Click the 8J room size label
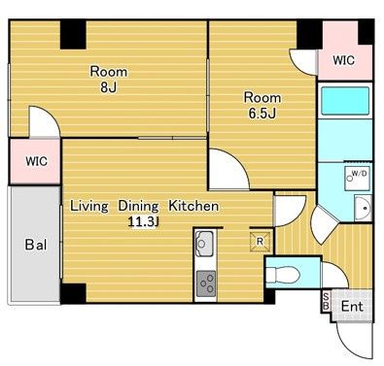108,87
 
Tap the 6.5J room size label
262,113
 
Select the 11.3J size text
144,222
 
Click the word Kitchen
193,206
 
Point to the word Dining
138,207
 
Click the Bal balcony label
36,245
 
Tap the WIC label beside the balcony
36,161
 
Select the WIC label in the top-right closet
344,60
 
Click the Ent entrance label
352,306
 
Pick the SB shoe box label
326,301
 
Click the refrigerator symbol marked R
260,241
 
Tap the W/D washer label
360,173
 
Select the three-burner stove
206,283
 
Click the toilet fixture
283,275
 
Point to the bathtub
345,100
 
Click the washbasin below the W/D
363,208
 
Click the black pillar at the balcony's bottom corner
73,293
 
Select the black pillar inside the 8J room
73,35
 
